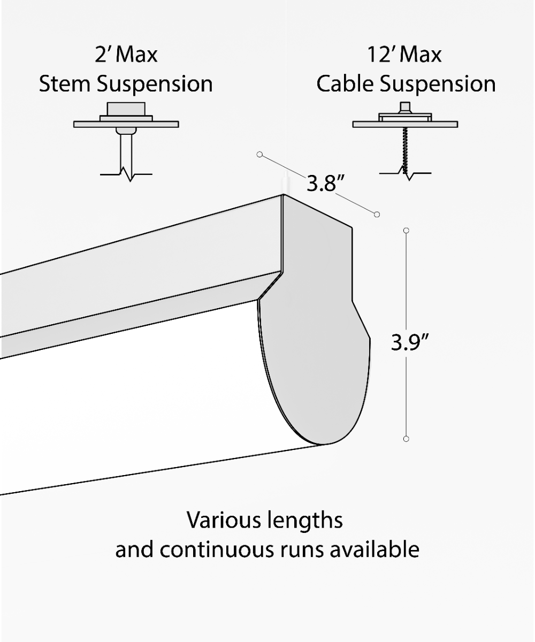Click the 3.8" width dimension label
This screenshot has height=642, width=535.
325,184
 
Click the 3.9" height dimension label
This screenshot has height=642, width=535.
409,342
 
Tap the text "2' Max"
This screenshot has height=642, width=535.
126,55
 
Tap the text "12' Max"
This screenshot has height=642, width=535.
404,55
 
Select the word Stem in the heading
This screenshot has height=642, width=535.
65,83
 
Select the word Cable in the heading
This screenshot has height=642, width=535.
345,83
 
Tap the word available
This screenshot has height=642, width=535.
374,549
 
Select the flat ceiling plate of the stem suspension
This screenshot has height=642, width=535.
126,124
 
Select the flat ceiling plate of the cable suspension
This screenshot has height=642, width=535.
405,124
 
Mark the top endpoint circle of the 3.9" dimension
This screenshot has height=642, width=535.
406,230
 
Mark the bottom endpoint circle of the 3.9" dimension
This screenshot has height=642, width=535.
406,439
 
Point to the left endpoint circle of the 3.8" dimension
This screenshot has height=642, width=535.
259,155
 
